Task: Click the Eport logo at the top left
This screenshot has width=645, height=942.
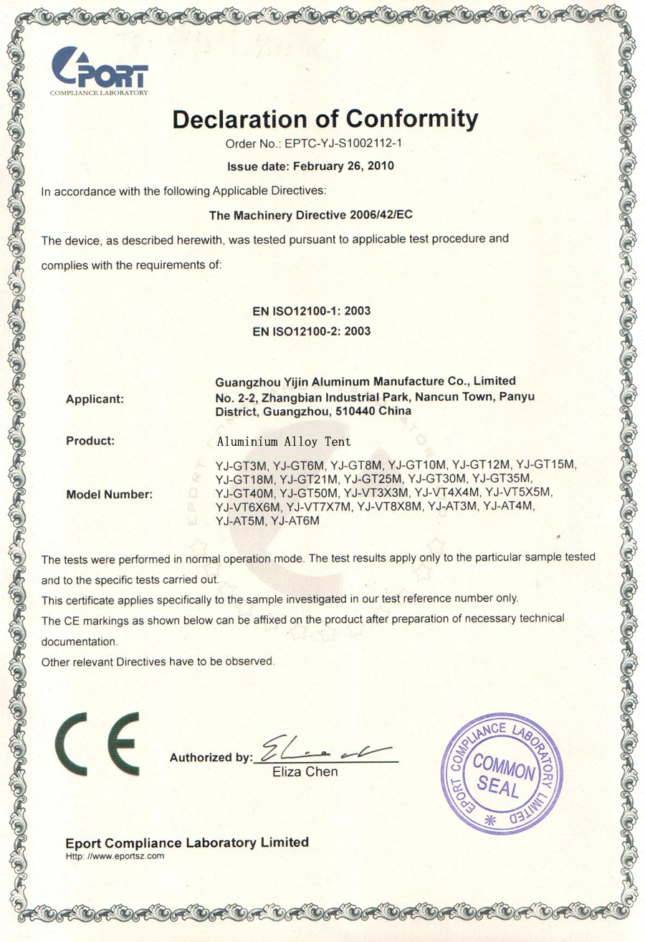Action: [100, 70]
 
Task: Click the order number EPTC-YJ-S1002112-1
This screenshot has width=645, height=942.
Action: [346, 143]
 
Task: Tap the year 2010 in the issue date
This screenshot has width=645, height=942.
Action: [381, 166]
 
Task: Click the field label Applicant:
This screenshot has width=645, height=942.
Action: [95, 399]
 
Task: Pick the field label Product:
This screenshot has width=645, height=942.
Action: [90, 441]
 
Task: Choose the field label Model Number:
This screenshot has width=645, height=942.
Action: [109, 495]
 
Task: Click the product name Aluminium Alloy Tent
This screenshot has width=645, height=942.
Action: [284, 442]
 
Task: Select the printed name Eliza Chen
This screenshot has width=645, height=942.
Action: [306, 772]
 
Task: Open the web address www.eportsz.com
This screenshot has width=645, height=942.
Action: [125, 856]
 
